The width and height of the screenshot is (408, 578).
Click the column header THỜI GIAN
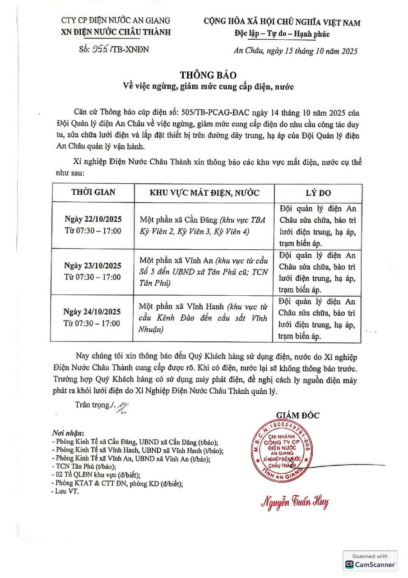click(x=93, y=192)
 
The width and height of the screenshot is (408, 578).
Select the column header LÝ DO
click(x=318, y=193)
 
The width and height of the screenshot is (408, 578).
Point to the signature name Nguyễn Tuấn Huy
click(x=294, y=502)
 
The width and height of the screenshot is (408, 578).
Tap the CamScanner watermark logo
click(x=370, y=564)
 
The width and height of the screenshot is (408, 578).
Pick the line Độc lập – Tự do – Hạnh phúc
click(x=282, y=33)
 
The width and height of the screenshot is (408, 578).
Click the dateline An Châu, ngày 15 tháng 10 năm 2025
click(x=296, y=51)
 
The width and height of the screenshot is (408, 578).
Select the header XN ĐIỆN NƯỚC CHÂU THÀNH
click(x=116, y=32)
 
